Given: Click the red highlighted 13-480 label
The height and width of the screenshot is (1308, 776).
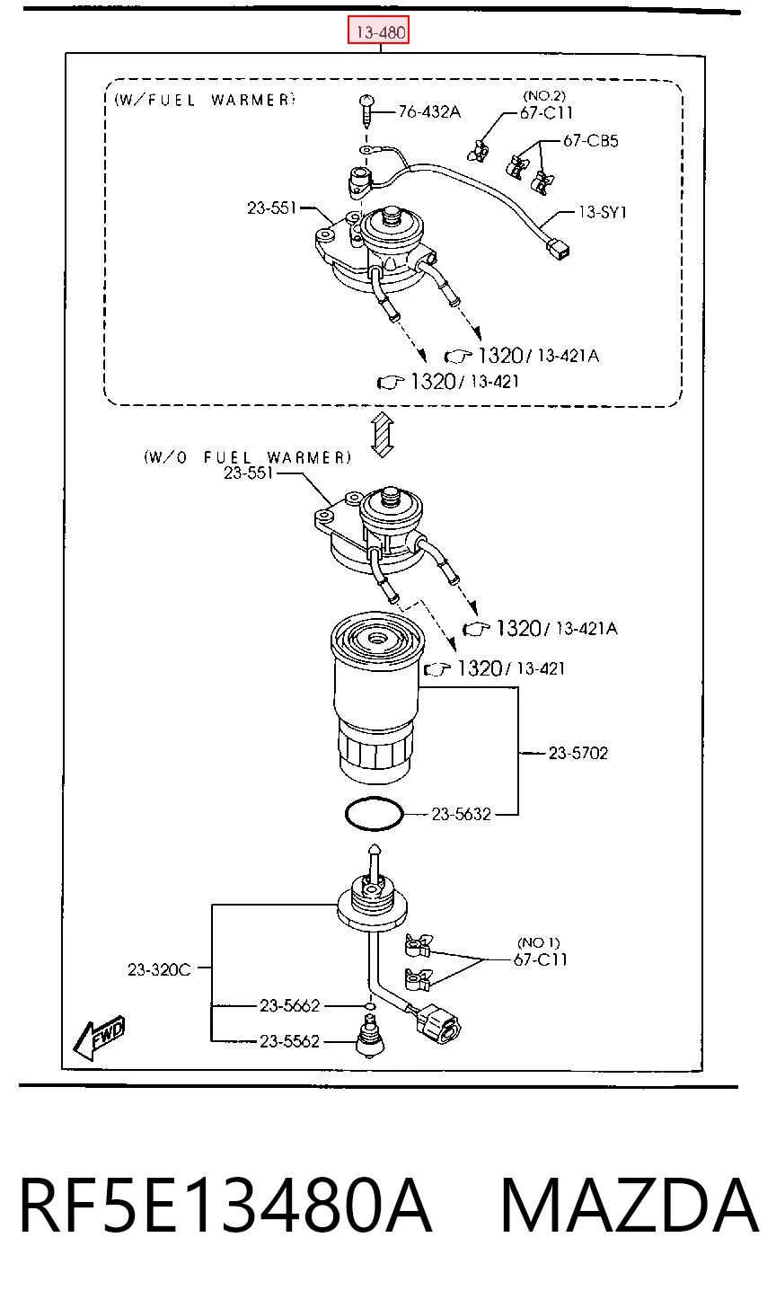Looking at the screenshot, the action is [x=378, y=31].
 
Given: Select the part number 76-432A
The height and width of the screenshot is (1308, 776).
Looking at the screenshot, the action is [x=429, y=111].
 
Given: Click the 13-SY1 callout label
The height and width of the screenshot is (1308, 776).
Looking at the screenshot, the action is [x=603, y=211].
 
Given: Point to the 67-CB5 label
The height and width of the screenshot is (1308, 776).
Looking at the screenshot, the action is [x=590, y=141].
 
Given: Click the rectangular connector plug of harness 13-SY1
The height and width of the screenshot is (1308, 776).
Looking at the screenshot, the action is [x=558, y=251].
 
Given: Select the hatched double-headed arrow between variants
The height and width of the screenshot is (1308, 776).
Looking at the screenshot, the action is [x=382, y=434].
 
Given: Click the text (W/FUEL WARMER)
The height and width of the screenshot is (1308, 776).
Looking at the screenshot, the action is [x=205, y=100].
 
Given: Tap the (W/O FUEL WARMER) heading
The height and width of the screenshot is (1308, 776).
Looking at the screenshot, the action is [x=248, y=457].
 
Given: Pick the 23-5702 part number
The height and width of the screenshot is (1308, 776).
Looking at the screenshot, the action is [x=578, y=753].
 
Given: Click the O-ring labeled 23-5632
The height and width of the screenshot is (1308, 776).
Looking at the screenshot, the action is [x=374, y=813].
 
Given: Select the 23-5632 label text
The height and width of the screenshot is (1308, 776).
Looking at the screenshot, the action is [x=462, y=813].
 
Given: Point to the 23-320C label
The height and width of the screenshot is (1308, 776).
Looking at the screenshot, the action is [x=159, y=969].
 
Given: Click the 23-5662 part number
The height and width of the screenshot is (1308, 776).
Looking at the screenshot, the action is [x=289, y=1005].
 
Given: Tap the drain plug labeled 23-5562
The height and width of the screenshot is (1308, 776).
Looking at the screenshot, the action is [x=369, y=1042].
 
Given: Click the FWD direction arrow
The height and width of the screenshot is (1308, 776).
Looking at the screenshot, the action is [x=99, y=1037].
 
